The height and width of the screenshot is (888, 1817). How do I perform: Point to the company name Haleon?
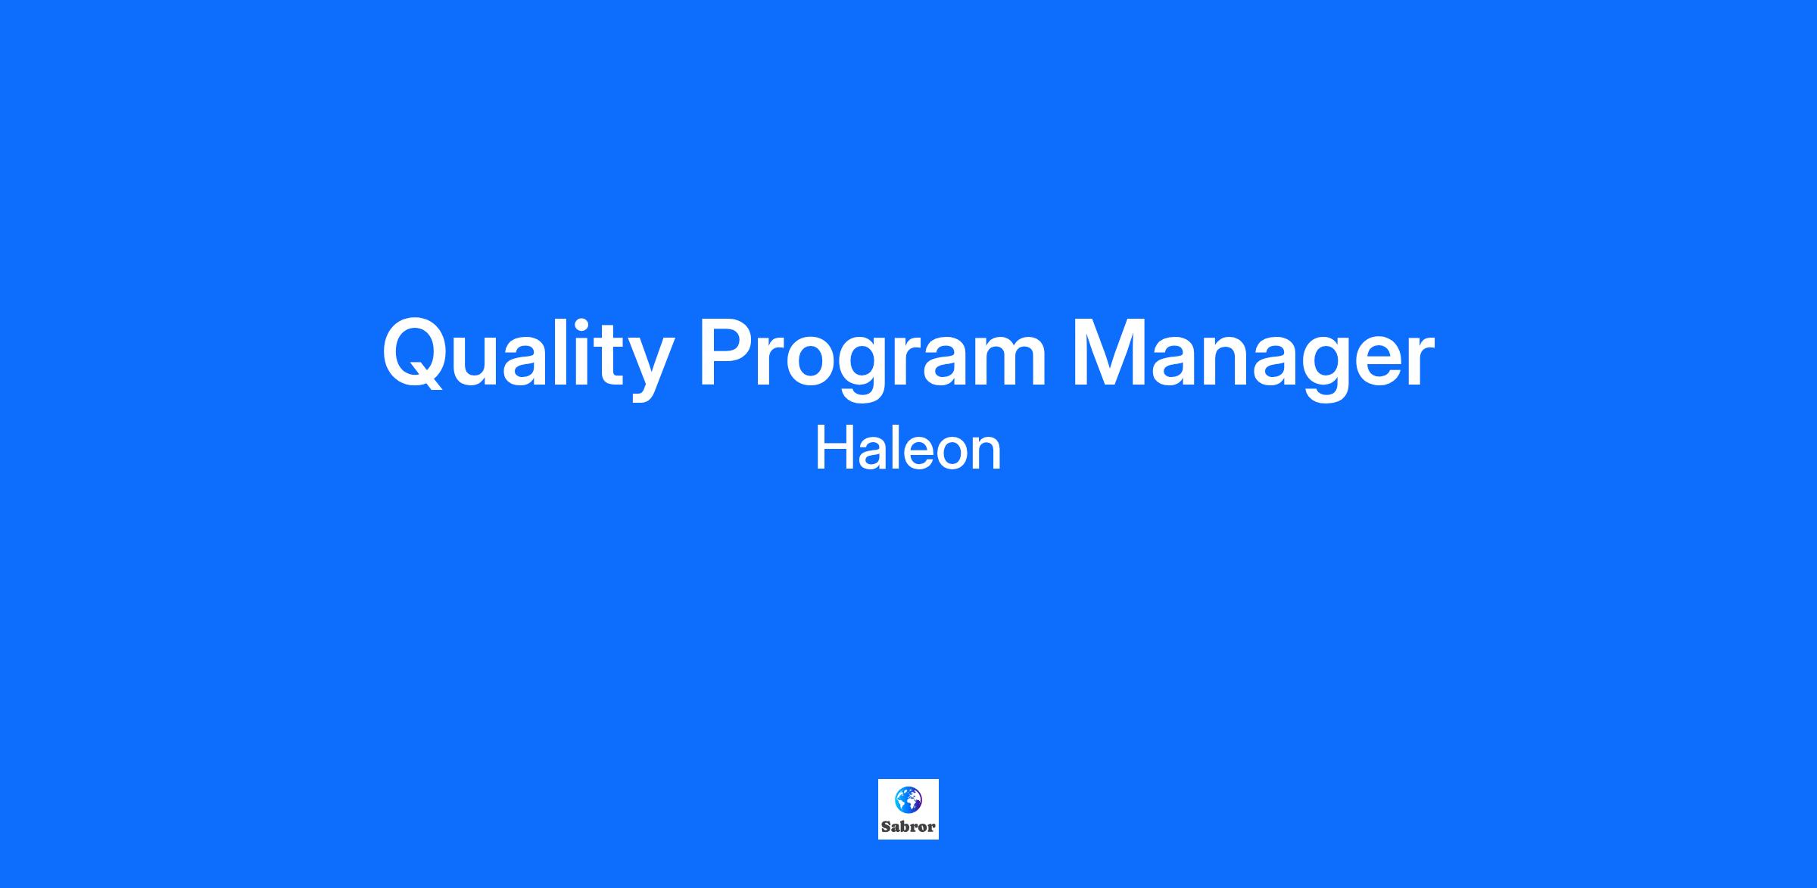[x=908, y=449]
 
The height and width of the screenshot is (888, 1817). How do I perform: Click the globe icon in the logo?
[x=908, y=799]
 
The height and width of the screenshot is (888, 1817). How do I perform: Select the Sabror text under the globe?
[x=908, y=827]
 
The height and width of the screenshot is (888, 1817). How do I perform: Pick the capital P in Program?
[x=728, y=351]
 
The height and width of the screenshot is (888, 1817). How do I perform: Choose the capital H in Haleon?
[x=835, y=449]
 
